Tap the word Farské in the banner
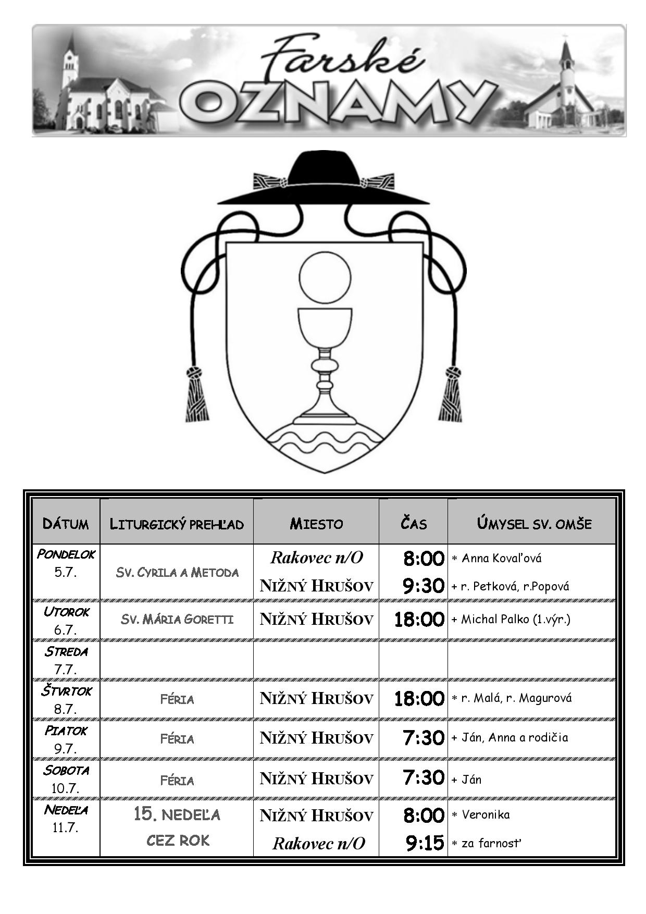tap(341, 58)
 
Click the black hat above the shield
tap(324, 180)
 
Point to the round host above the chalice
tap(325, 277)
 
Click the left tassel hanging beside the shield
tap(198, 394)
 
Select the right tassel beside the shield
tap(450, 394)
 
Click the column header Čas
tap(414, 523)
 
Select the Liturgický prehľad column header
tap(177, 524)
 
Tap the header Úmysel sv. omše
tap(534, 523)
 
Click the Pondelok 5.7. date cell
tap(66, 563)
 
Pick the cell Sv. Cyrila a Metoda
tap(177, 572)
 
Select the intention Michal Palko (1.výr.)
tap(511, 619)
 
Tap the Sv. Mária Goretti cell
tap(177, 619)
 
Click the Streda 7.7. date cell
tap(66, 660)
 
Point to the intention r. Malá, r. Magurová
tap(512, 698)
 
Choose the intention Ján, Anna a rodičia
tap(510, 737)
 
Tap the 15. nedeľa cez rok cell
tap(177, 827)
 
